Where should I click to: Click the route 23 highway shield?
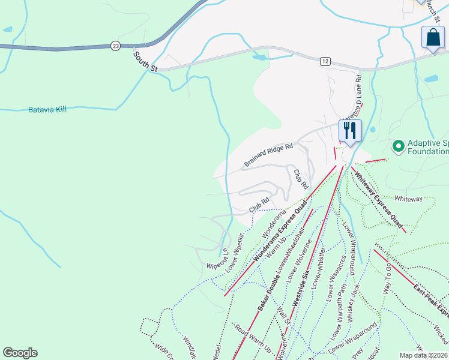coord(115,45)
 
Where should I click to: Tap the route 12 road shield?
coord(325,62)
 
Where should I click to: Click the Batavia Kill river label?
coord(47,110)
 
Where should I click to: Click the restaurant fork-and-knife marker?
coord(349,130)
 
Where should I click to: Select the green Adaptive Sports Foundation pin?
coord(397,146)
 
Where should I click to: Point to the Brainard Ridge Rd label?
coord(268,155)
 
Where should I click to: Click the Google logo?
coord(20,353)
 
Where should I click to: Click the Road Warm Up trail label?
coord(253,339)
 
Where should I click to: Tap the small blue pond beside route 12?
coord(260,58)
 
